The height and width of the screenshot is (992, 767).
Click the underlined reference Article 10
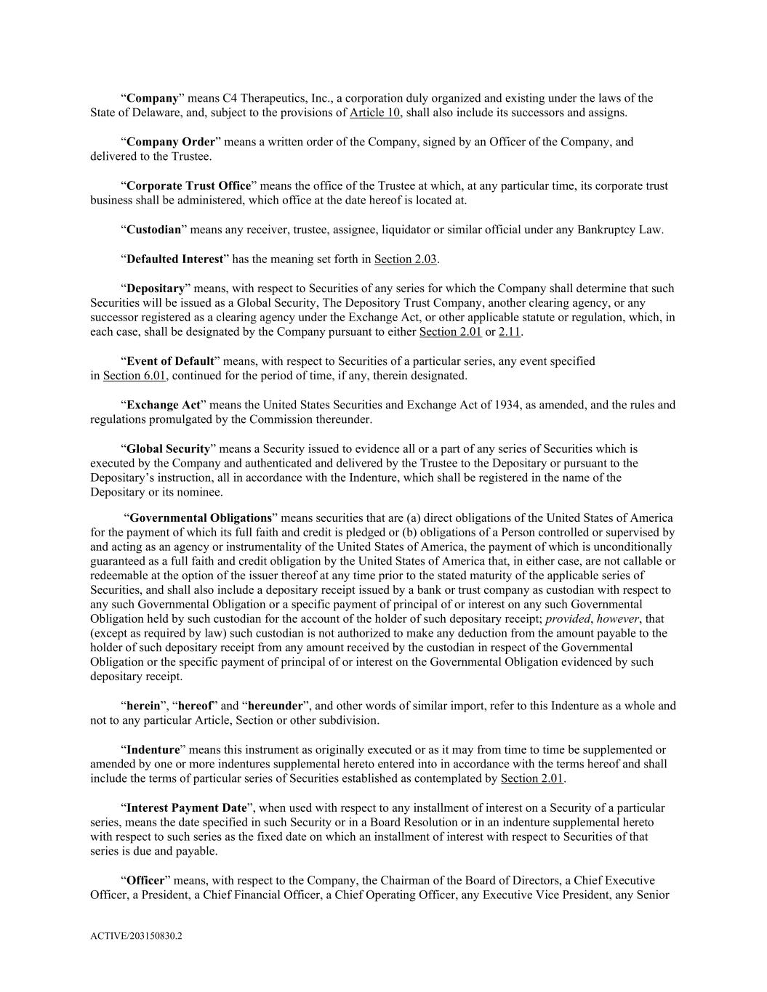[x=375, y=113]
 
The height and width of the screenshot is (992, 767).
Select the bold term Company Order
[x=171, y=142]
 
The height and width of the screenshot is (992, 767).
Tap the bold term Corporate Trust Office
[x=188, y=185]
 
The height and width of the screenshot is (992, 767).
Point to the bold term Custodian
[x=153, y=230]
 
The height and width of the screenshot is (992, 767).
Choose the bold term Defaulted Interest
[x=174, y=259]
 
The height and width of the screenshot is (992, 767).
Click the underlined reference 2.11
[x=510, y=332]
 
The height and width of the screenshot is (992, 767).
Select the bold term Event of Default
[x=170, y=361]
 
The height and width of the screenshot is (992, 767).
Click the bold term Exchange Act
[x=164, y=405]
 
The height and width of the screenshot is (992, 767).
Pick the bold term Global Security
[x=168, y=448]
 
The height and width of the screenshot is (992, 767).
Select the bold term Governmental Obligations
[x=201, y=518]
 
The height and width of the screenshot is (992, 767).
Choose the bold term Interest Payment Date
[x=187, y=807]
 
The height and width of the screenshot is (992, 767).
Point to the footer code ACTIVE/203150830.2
[x=136, y=937]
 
